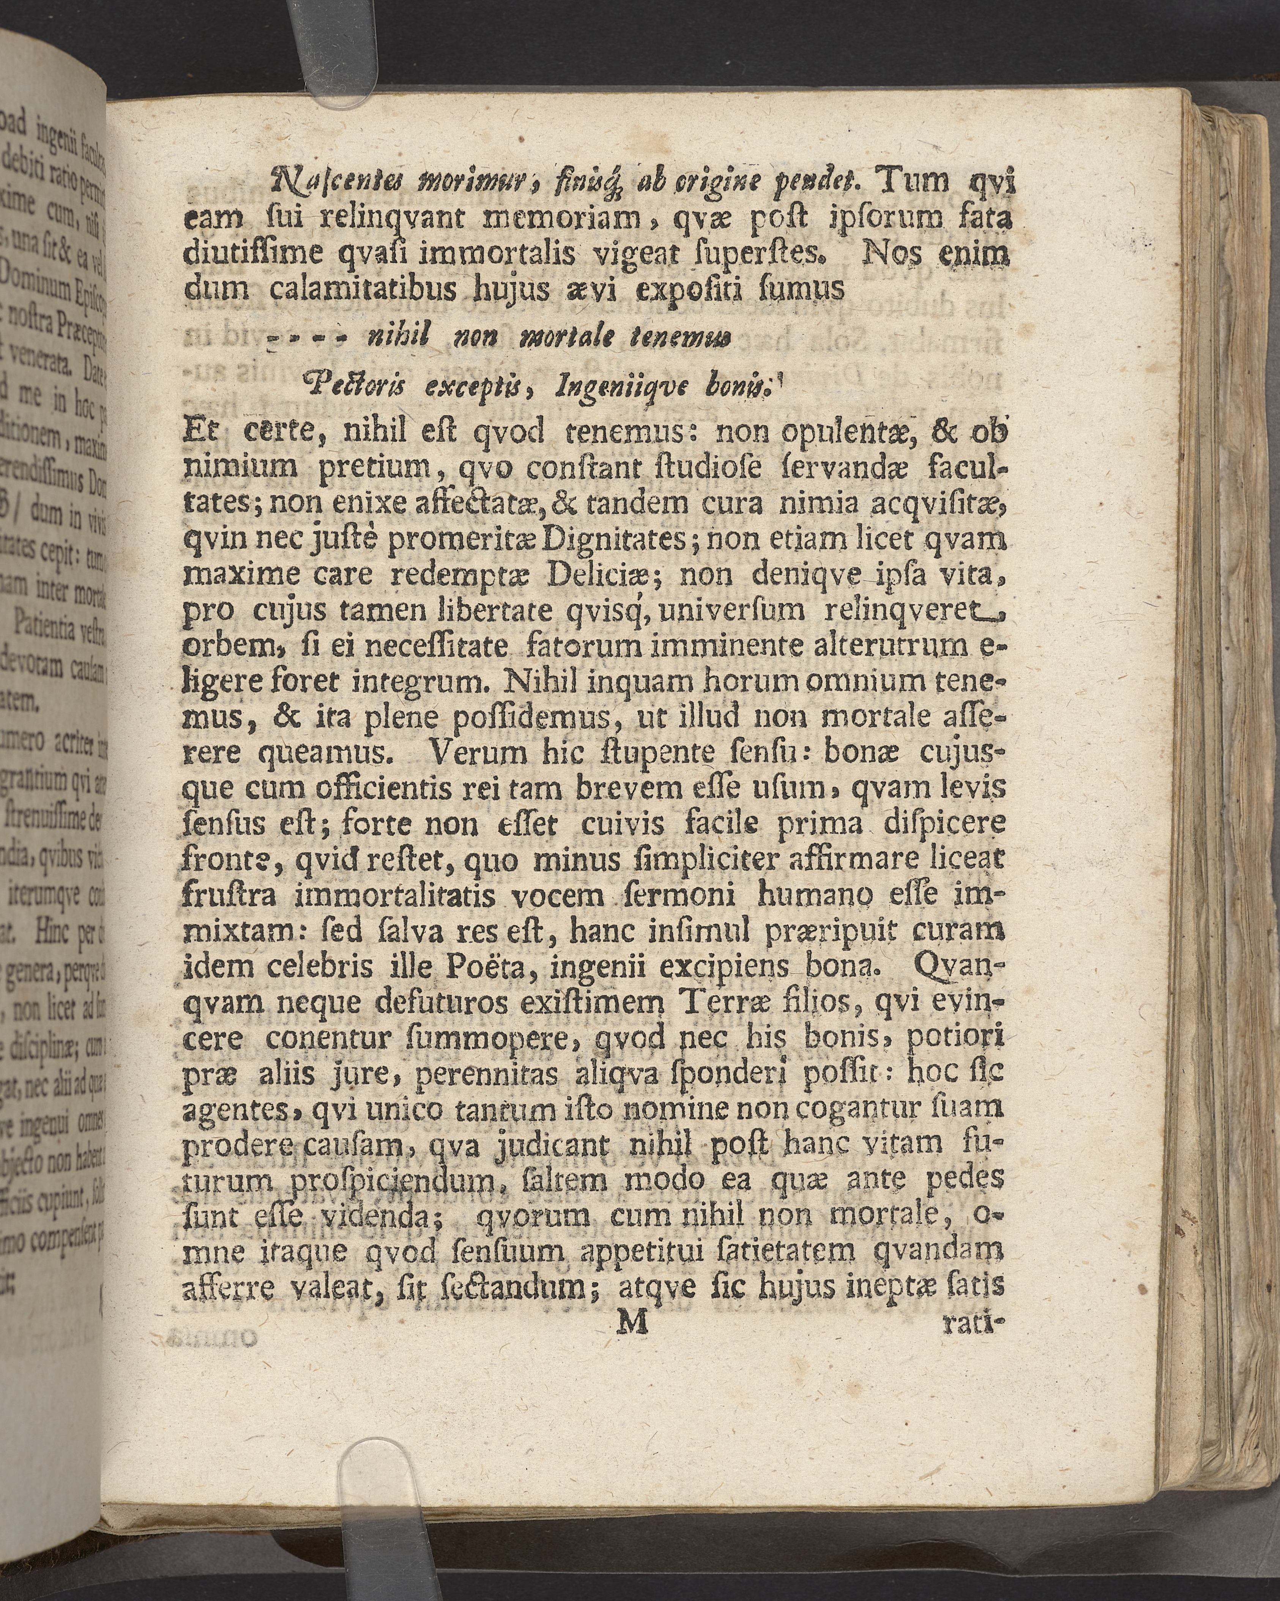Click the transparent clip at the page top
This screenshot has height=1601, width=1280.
[x=338, y=56]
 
